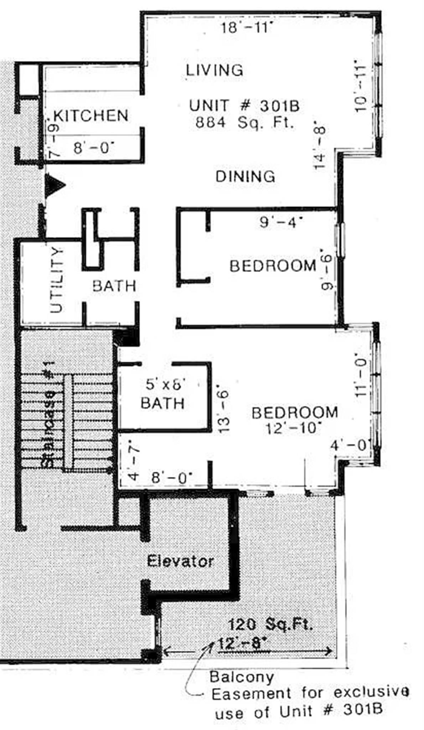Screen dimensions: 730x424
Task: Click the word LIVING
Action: pyautogui.click(x=214, y=70)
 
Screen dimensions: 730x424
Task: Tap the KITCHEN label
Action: pyautogui.click(x=91, y=116)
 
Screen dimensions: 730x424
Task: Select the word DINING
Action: pyautogui.click(x=245, y=177)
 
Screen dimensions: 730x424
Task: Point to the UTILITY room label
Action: pyautogui.click(x=57, y=280)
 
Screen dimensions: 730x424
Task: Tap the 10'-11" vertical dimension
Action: pyautogui.click(x=361, y=89)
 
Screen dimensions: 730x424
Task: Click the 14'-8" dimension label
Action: pyautogui.click(x=320, y=147)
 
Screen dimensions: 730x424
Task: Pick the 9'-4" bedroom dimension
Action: pyautogui.click(x=281, y=222)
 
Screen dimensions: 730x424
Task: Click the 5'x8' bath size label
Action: pyautogui.click(x=166, y=384)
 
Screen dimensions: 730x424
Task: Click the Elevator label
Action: pyautogui.click(x=180, y=561)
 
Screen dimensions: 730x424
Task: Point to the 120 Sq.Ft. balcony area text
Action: pyautogui.click(x=270, y=624)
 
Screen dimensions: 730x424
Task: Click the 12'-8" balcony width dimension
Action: pyautogui.click(x=242, y=644)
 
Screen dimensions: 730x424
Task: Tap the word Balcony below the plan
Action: pyautogui.click(x=242, y=677)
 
